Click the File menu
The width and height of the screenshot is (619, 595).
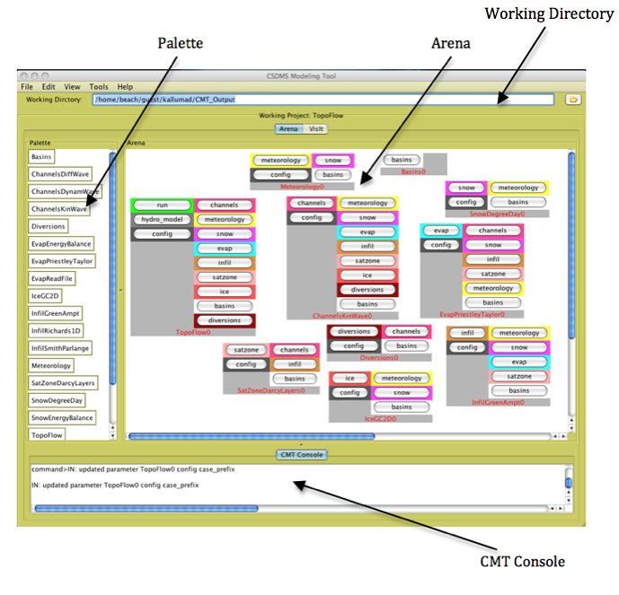[27, 86]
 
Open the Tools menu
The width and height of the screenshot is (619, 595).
[98, 86]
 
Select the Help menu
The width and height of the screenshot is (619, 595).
[125, 86]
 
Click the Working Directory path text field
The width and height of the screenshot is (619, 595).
[305, 99]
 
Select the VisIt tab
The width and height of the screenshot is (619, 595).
[317, 128]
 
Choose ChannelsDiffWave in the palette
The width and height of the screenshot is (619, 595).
[60, 174]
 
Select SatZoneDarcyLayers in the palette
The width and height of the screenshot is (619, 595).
[63, 383]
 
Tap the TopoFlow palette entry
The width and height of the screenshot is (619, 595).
[48, 435]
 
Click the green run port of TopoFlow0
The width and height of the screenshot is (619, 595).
[162, 206]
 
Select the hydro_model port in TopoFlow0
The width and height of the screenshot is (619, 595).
[162, 220]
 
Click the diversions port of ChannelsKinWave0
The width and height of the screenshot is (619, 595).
[367, 290]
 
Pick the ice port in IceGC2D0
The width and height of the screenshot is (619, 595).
[349, 379]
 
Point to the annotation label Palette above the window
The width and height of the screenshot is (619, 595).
[180, 42]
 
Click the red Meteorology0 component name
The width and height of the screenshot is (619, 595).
[302, 187]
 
